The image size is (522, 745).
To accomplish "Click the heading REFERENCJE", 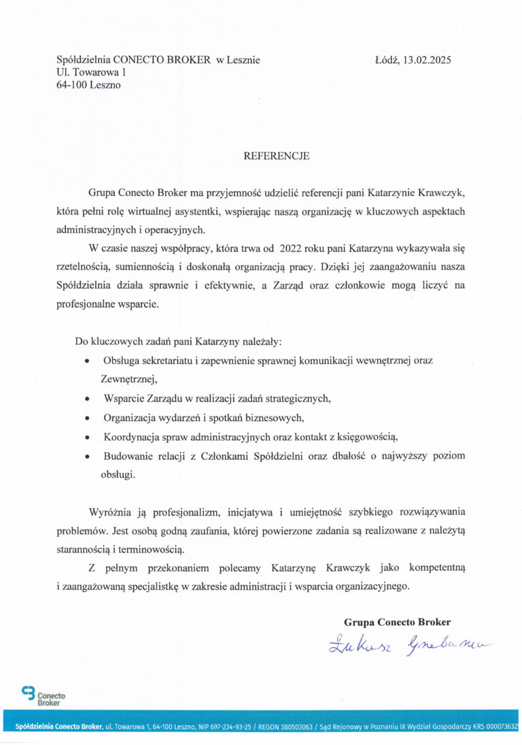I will pyautogui.click(x=277, y=156).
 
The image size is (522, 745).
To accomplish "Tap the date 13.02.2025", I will pyautogui.click(x=427, y=60).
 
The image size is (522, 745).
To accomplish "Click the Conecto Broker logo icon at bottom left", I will pyautogui.click(x=29, y=694).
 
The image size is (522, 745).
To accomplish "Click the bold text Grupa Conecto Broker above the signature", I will pyautogui.click(x=398, y=622).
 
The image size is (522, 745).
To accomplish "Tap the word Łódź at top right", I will pyautogui.click(x=387, y=60).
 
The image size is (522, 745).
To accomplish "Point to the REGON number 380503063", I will pyautogui.click(x=294, y=727).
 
